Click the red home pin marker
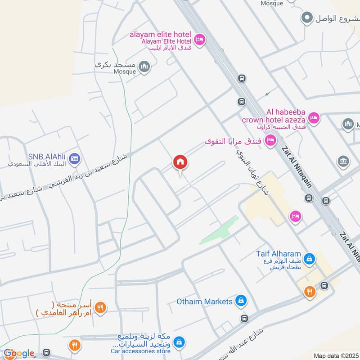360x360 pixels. [x=180, y=162]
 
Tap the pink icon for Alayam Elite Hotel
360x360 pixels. [x=199, y=40]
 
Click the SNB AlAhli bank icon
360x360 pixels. [x=75, y=158]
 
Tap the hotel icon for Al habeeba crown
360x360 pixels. [x=314, y=118]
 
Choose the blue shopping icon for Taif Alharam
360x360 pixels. [x=309, y=259]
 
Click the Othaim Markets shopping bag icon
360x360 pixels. [x=241, y=301]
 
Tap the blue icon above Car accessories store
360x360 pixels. [x=179, y=342]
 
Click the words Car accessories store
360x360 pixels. [x=141, y=351]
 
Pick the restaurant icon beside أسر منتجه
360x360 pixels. [x=101, y=308]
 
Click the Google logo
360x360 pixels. [x=19, y=354]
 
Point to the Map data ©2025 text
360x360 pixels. [x=335, y=356]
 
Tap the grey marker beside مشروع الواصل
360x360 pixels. [x=307, y=18]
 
